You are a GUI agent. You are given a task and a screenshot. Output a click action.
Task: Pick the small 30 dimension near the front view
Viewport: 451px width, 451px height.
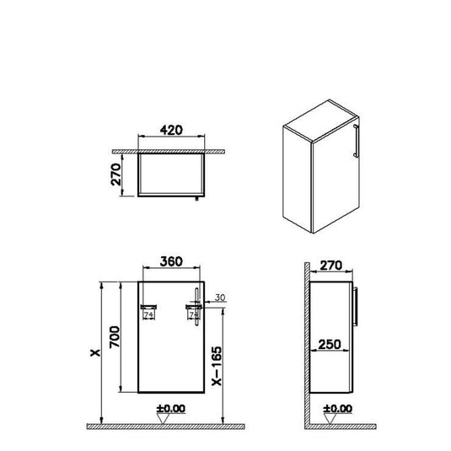point(220,297)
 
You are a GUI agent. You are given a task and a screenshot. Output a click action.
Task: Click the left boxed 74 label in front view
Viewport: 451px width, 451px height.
point(150,314)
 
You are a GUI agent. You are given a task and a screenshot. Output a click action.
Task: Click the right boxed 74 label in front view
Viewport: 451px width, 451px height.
point(194,314)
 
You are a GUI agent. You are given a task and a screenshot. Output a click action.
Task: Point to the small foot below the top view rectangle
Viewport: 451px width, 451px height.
point(196,200)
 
